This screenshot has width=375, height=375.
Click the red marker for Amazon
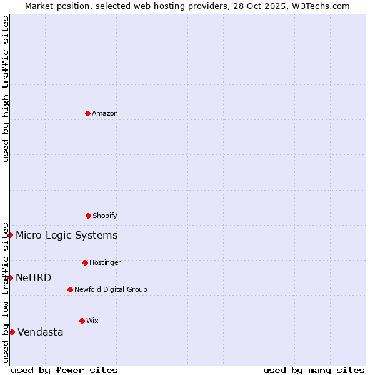[x=88, y=113]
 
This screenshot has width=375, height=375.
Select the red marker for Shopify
[x=88, y=216]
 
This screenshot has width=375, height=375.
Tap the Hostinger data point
[x=85, y=262]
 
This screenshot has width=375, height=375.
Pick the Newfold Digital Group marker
[x=70, y=289]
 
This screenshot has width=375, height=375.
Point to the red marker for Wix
[x=82, y=321]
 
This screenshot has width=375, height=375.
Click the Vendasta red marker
[x=12, y=332]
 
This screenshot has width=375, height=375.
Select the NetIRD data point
[x=10, y=277]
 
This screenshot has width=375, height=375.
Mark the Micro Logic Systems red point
[x=10, y=235]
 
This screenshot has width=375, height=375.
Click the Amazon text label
[x=105, y=113]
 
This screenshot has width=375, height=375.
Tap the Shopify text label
[x=105, y=216]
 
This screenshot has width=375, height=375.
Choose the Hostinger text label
[x=105, y=262]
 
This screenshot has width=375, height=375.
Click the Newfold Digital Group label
[x=111, y=289]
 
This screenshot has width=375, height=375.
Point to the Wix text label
[x=92, y=321]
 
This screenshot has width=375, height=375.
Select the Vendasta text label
[x=41, y=332]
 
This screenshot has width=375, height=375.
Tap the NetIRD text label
[x=34, y=277]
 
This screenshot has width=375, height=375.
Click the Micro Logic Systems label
[x=67, y=235]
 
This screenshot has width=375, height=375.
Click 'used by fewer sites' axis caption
[x=64, y=370]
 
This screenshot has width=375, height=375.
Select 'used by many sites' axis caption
[x=314, y=370]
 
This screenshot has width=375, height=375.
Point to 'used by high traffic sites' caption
[x=6, y=89]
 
